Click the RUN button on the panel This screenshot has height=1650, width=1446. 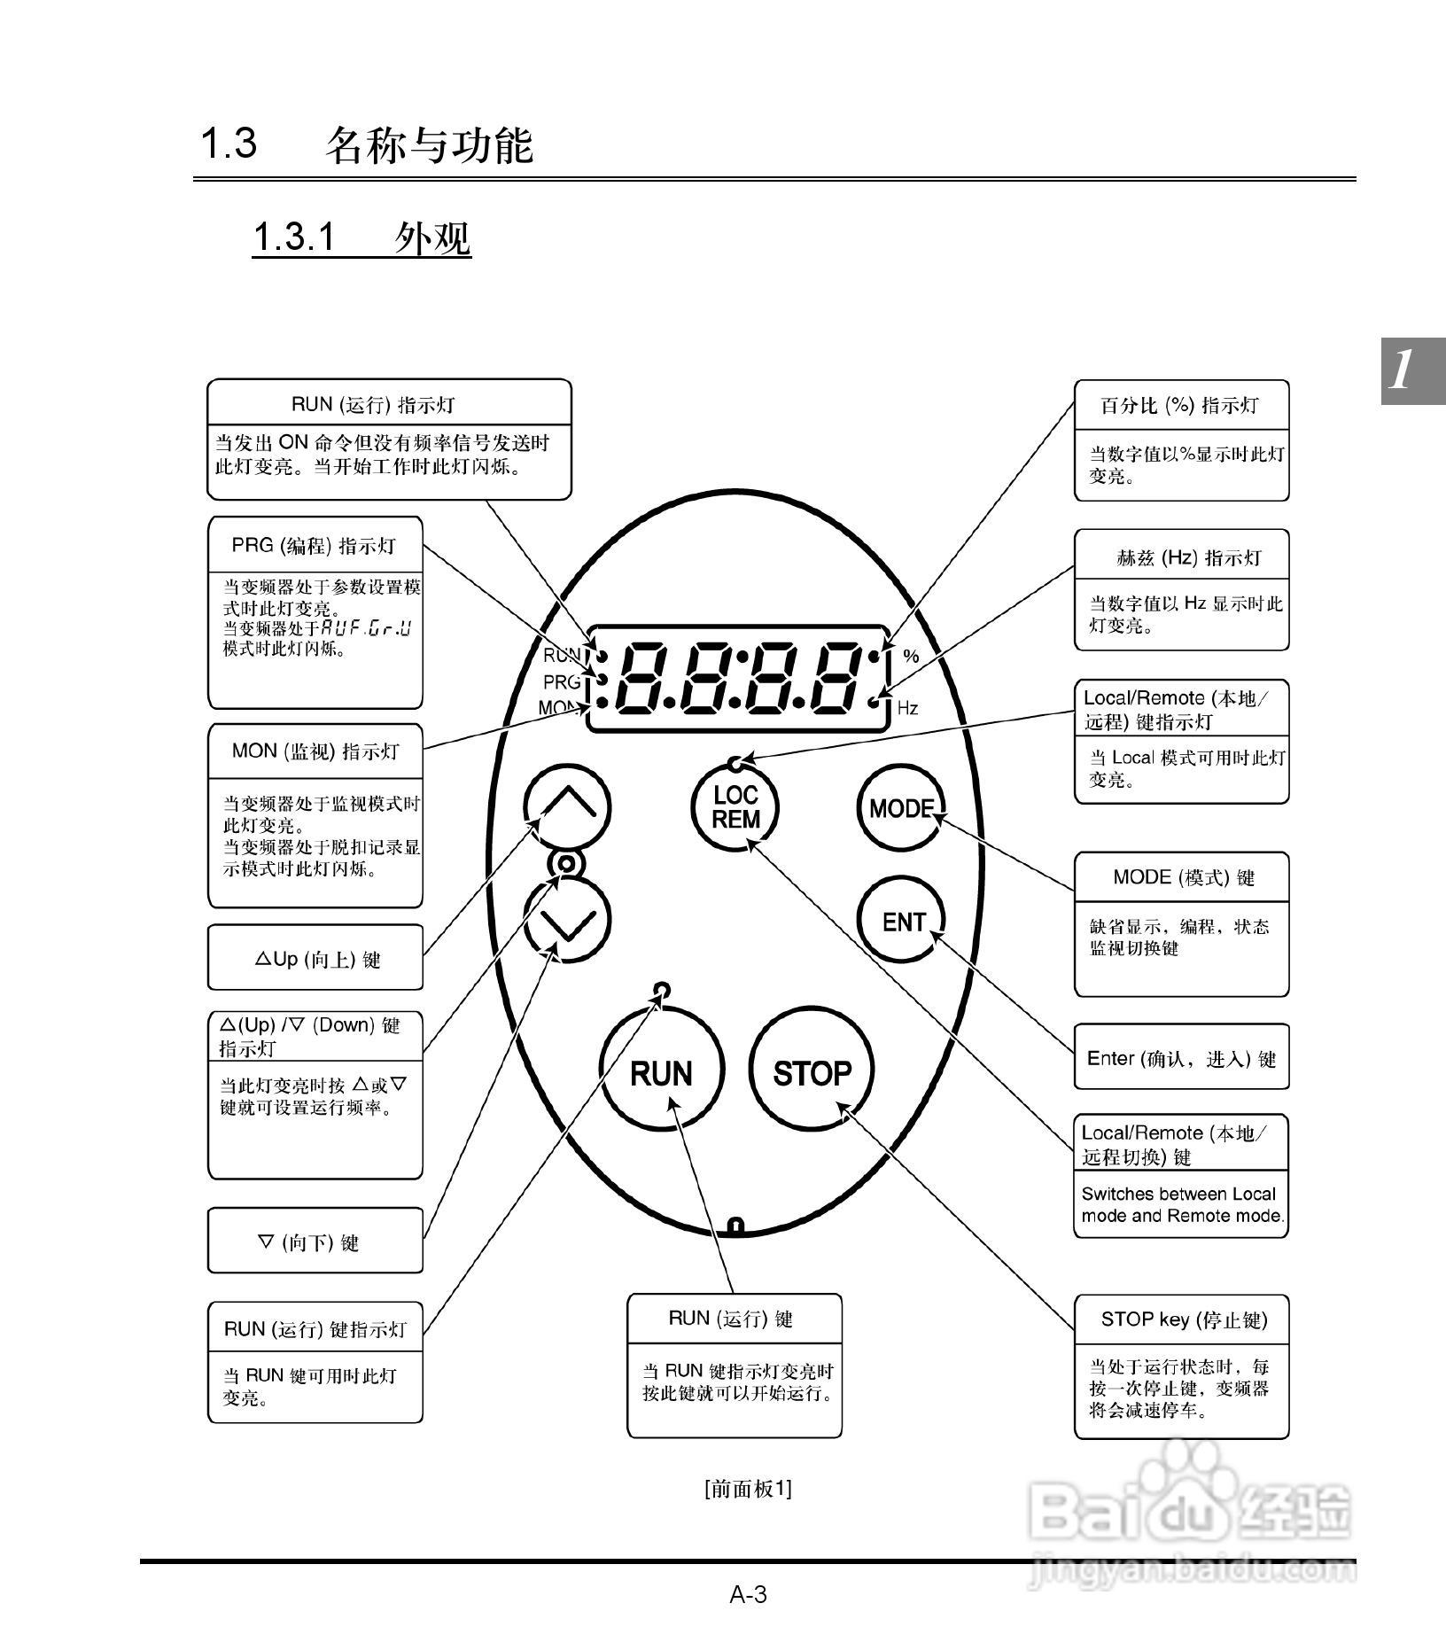(x=661, y=1073)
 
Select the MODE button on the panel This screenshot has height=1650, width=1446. (x=902, y=808)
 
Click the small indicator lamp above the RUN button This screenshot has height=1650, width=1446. (x=661, y=989)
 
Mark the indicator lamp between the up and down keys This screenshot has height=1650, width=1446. (x=567, y=863)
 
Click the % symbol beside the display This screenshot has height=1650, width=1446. (x=911, y=657)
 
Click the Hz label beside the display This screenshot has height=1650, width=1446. (x=907, y=708)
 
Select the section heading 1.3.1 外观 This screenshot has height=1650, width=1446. (x=361, y=237)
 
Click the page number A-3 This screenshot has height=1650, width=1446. (x=748, y=1595)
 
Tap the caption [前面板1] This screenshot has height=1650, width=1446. (x=748, y=1489)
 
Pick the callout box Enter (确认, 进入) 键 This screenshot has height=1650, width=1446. (x=1181, y=1058)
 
